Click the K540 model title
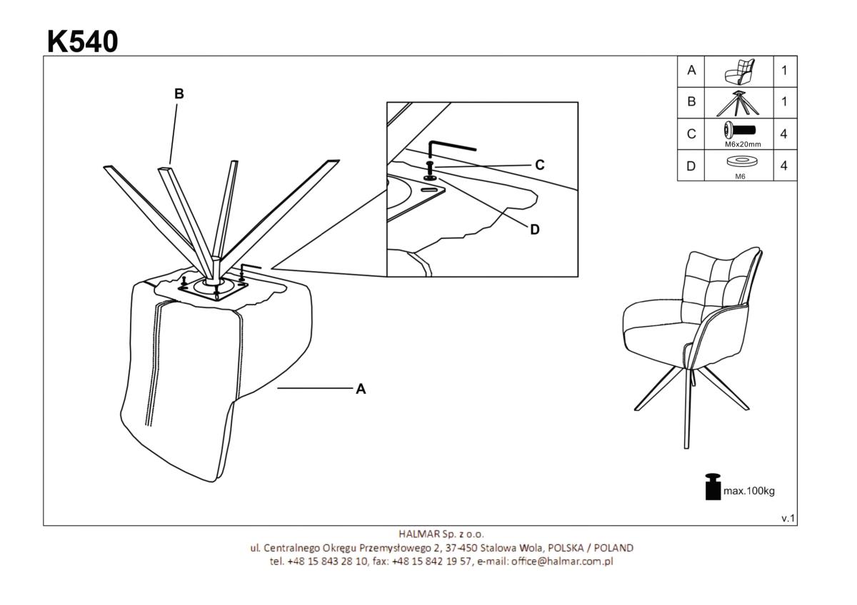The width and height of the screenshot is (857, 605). coord(83,41)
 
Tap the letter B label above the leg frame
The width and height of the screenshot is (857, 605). coord(179,93)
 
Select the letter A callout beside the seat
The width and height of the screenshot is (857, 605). coord(361,389)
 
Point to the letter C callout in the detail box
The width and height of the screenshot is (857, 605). coord(540,165)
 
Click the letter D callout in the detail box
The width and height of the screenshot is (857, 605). coord(535,229)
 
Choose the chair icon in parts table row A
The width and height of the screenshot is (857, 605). coord(740,71)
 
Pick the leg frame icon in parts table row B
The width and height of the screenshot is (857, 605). coord(738,103)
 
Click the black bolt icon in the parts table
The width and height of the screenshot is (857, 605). coord(740,131)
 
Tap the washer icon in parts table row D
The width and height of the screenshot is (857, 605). coord(742,161)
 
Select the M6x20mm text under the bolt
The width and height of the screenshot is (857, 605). coord(743,144)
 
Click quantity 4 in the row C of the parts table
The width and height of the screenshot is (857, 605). coord(784,134)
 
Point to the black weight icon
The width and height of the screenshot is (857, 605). coord(713,487)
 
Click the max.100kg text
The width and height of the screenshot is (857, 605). coord(749,491)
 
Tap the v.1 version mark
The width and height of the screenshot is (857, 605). coord(788,518)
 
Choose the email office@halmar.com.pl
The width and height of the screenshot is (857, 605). coord(562,561)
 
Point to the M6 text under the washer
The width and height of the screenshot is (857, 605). coord(741,176)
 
